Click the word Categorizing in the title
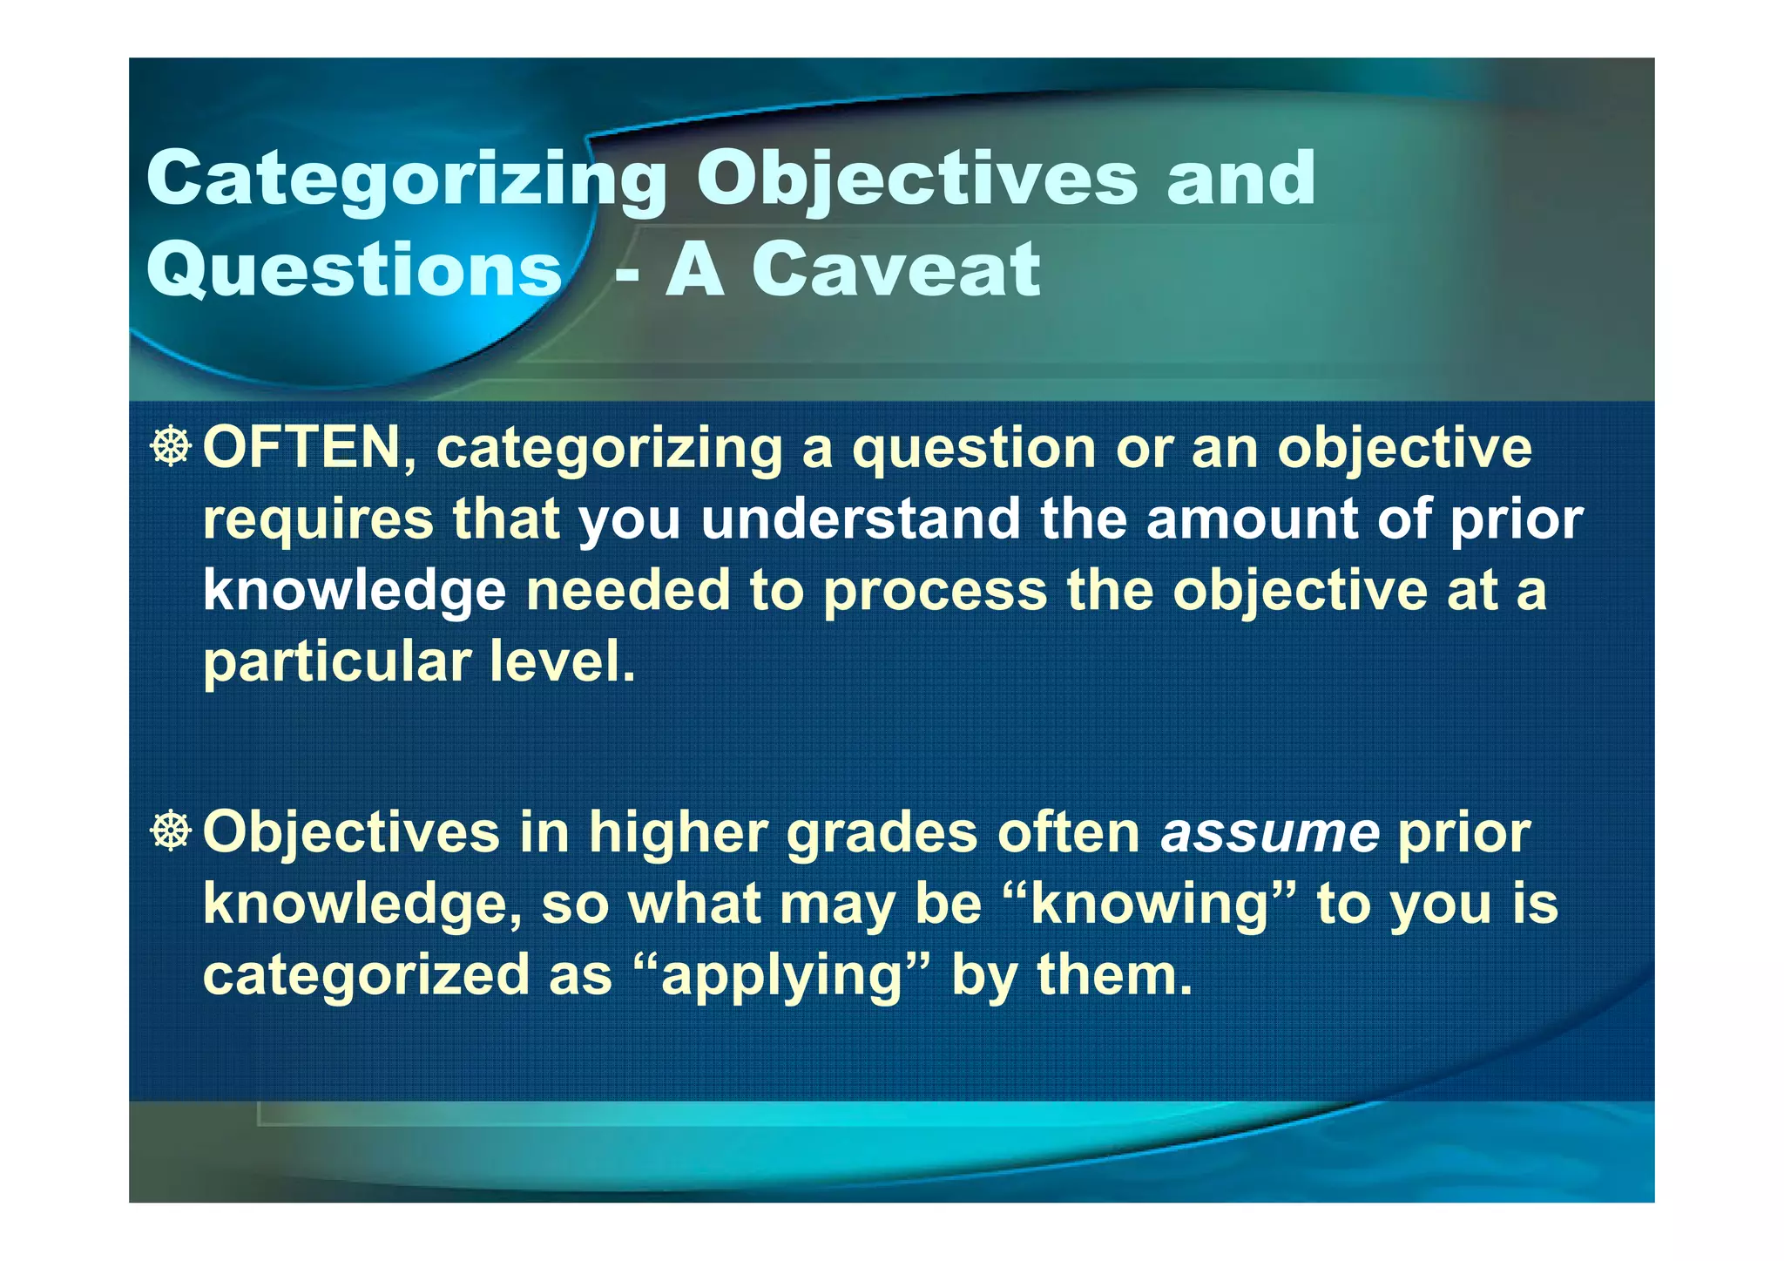406,180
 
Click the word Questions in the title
354,270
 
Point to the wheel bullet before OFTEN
170,446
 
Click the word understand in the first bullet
860,519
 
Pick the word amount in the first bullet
1251,519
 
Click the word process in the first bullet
935,591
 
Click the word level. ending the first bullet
562,662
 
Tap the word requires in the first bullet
318,519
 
